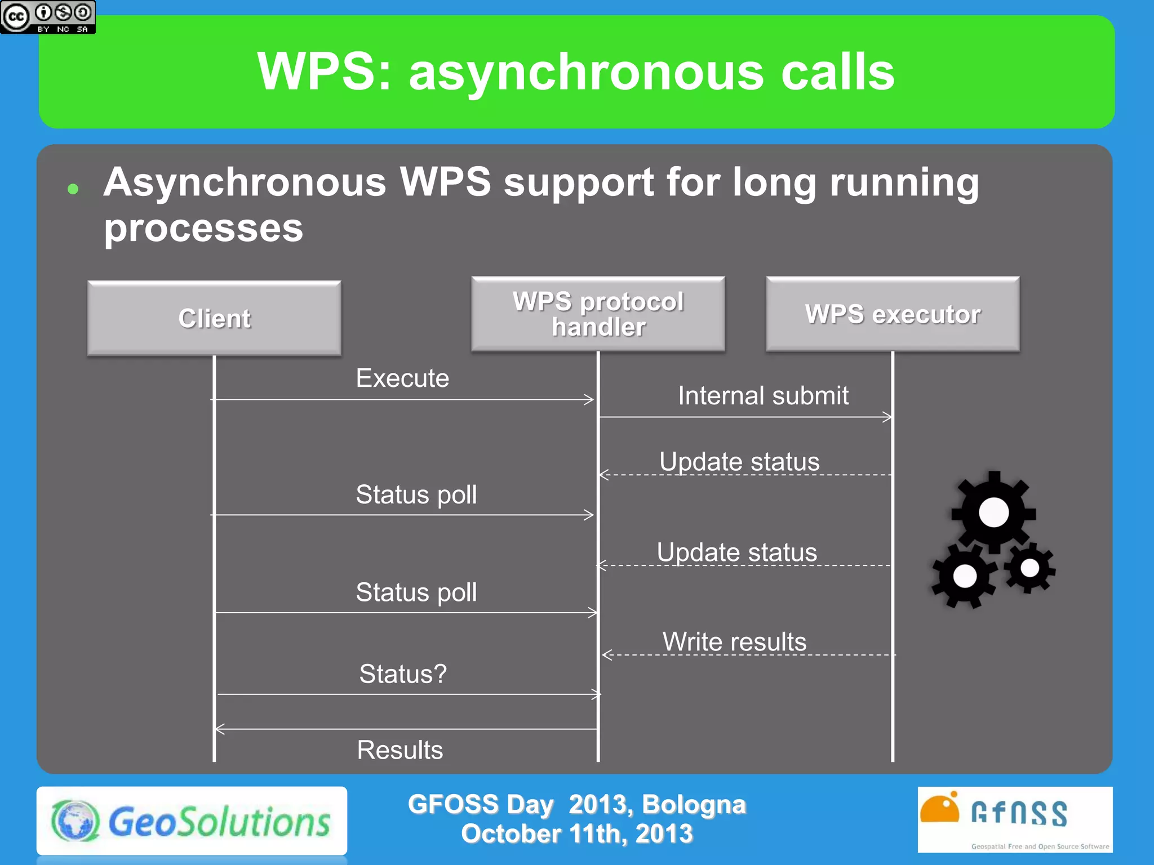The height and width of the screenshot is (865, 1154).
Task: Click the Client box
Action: [x=214, y=318]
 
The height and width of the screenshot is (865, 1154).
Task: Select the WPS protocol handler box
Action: [x=598, y=314]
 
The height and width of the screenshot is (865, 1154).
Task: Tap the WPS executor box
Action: [x=893, y=314]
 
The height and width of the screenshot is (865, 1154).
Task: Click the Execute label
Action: [x=402, y=378]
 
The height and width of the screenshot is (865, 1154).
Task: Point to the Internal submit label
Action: [x=763, y=395]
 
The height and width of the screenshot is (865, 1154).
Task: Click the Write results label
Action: [x=734, y=641]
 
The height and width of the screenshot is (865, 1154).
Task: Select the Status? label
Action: [x=403, y=674]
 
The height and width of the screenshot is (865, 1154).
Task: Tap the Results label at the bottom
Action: [x=400, y=750]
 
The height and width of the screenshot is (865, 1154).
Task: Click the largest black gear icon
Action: [x=993, y=512]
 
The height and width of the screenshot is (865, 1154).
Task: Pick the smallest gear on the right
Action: [x=1029, y=568]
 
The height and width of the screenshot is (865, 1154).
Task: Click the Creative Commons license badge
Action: [x=48, y=17]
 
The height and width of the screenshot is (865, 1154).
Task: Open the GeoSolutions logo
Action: [x=192, y=821]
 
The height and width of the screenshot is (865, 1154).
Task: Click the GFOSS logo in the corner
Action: [x=1014, y=819]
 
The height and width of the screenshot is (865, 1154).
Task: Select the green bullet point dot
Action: [x=73, y=189]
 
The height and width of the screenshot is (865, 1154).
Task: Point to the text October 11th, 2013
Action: [x=576, y=833]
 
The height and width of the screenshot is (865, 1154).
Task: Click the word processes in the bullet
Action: [x=203, y=228]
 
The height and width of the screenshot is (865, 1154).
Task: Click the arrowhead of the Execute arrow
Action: [x=589, y=399]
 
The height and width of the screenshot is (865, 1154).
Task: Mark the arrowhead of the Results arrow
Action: [x=220, y=729]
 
